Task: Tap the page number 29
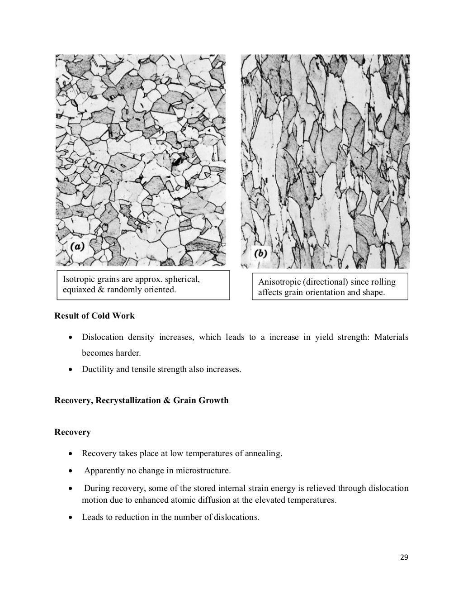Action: [404, 557]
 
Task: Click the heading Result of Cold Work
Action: [94, 316]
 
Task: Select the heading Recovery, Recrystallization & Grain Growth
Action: [141, 400]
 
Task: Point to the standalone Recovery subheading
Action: [72, 432]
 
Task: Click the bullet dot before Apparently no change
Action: [70, 471]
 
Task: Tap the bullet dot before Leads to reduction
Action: [70, 517]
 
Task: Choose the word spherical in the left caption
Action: [181, 279]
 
